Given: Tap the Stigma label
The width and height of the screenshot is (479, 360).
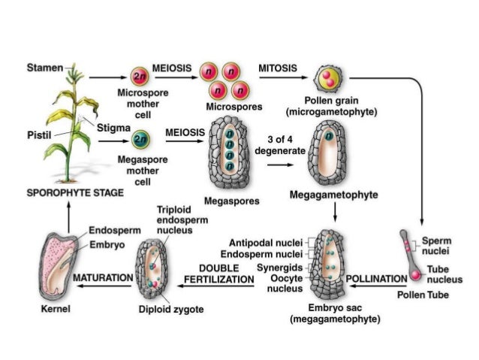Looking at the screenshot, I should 112,128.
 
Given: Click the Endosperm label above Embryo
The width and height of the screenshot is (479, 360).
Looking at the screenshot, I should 111,230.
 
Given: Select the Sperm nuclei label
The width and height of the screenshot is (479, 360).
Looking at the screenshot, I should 437,245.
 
